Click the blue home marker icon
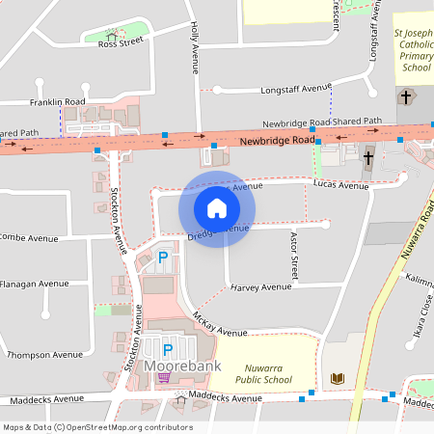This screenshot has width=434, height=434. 217,208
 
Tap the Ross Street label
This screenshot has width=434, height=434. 121,42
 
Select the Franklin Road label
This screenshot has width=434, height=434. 58,101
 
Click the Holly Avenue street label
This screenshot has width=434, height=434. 194,48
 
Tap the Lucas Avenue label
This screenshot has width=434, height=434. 341,185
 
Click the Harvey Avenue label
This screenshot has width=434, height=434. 261,286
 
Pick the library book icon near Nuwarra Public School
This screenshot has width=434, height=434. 337,377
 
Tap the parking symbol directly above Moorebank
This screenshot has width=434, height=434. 167,349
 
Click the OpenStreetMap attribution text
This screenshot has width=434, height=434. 96,427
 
